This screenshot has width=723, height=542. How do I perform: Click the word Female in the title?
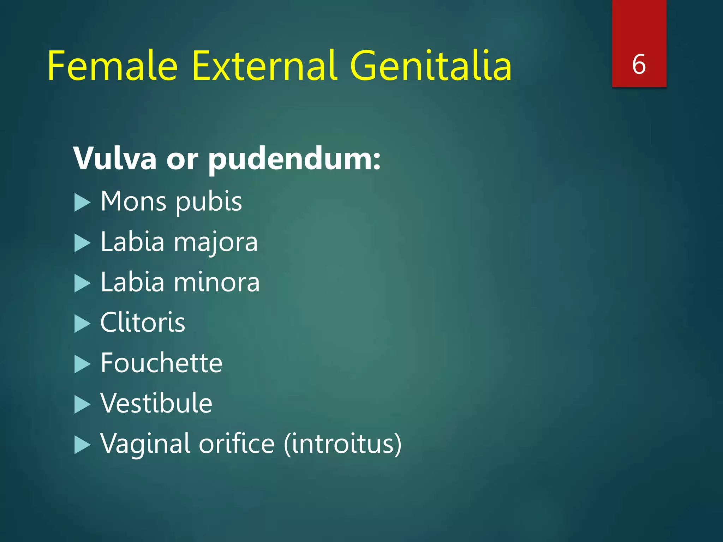(112, 66)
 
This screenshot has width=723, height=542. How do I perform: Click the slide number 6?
(639, 65)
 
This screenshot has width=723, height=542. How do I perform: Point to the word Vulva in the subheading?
(115, 158)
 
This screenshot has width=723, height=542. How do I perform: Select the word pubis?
(209, 202)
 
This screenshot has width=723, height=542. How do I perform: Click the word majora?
(216, 243)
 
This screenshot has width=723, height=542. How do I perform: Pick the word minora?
(217, 282)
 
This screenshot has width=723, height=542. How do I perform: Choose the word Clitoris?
(143, 323)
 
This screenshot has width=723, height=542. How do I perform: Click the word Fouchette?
(161, 363)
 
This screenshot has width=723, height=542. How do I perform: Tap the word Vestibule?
(156, 403)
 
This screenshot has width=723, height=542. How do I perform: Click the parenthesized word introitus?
(343, 444)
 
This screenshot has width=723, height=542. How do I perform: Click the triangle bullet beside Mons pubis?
(83, 203)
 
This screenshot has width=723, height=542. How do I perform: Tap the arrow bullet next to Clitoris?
(83, 324)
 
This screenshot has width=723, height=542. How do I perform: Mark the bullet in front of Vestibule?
(83, 404)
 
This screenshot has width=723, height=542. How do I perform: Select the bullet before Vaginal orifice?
(83, 445)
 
